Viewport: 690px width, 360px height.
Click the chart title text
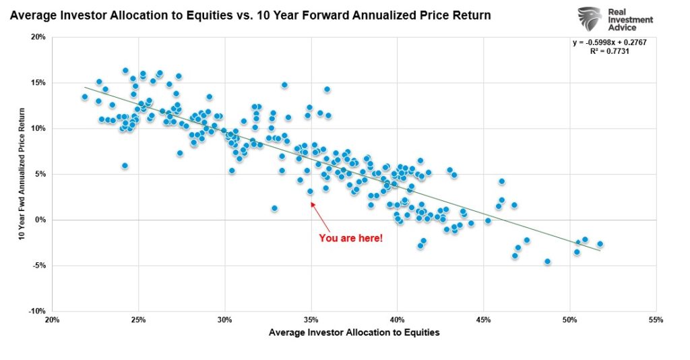[250, 14]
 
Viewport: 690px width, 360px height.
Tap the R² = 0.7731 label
[613, 51]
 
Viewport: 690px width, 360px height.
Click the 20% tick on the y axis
[38, 37]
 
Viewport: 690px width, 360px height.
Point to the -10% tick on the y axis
[36, 311]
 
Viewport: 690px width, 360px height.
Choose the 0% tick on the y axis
[40, 220]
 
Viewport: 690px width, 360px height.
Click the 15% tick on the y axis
[38, 83]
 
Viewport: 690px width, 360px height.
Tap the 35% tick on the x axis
[311, 320]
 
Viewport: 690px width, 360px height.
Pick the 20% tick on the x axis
[52, 320]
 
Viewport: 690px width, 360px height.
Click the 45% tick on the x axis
[484, 320]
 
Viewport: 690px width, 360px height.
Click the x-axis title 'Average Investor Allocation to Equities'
[354, 332]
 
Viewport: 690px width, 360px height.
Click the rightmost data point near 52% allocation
[600, 244]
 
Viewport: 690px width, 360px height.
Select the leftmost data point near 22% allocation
[84, 97]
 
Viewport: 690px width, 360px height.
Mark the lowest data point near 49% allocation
[547, 262]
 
